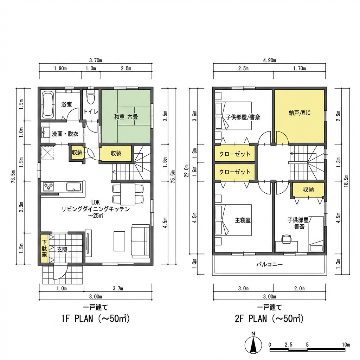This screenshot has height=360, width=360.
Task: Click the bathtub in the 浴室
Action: pyautogui.click(x=47, y=105)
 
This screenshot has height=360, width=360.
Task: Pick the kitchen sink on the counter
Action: pyautogui.click(x=73, y=187)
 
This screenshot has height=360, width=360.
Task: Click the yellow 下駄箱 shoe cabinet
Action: pyautogui.click(x=45, y=249)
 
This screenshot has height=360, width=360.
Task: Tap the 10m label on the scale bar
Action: pyautogui.click(x=345, y=344)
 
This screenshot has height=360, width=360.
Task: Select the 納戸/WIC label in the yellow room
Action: pyautogui.click(x=299, y=113)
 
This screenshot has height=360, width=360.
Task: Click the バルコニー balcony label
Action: pyautogui.click(x=269, y=264)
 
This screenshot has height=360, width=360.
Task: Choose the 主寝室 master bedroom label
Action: pyautogui.click(x=242, y=220)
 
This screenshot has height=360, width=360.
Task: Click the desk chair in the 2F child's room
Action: pyautogui.click(x=287, y=239)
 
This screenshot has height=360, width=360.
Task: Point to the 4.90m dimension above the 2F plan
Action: pyautogui.click(x=269, y=60)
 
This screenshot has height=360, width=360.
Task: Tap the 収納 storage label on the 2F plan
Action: pyautogui.click(x=308, y=189)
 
